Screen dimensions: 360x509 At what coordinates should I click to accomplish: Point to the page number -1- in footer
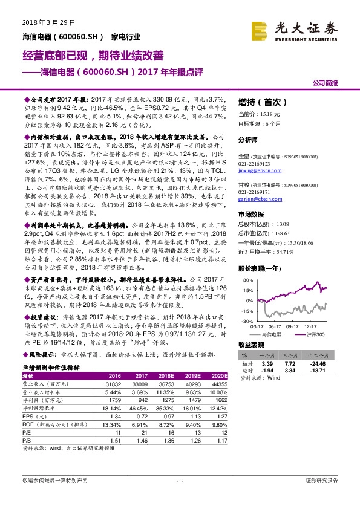point(179,481)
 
